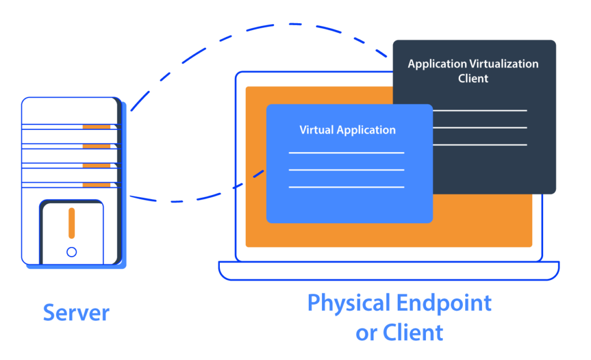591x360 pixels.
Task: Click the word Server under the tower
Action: tap(76, 313)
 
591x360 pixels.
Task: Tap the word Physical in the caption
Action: tap(349, 303)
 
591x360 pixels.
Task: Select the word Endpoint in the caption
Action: tap(444, 303)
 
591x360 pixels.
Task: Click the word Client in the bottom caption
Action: tap(413, 332)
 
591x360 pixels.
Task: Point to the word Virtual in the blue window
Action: tap(316, 130)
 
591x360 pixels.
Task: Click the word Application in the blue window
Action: tap(366, 130)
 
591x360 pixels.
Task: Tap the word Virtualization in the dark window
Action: tap(504, 63)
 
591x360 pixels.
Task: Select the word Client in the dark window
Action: tap(473, 78)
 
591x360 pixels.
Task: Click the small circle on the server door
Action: tap(72, 252)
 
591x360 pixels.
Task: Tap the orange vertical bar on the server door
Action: tap(72, 223)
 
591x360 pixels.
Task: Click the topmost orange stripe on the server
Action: tap(96, 127)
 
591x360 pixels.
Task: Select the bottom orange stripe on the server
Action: tap(96, 185)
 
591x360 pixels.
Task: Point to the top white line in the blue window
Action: tap(346, 153)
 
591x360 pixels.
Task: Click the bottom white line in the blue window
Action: tap(346, 187)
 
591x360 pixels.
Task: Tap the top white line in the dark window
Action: tap(480, 111)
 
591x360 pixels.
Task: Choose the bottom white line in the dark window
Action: tap(480, 145)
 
